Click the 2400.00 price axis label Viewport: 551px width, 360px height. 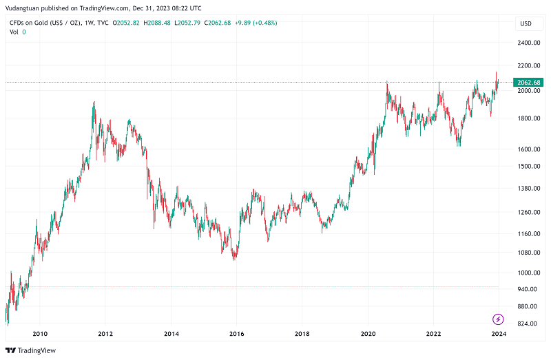[x=528, y=43]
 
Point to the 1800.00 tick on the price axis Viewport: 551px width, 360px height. [x=528, y=118]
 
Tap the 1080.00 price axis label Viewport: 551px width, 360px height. [x=528, y=253]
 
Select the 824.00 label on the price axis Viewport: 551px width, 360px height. [x=528, y=324]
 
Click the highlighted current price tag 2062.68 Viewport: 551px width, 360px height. [x=528, y=83]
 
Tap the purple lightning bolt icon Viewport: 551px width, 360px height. [x=499, y=319]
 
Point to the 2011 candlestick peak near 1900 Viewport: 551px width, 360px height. [x=94, y=103]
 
